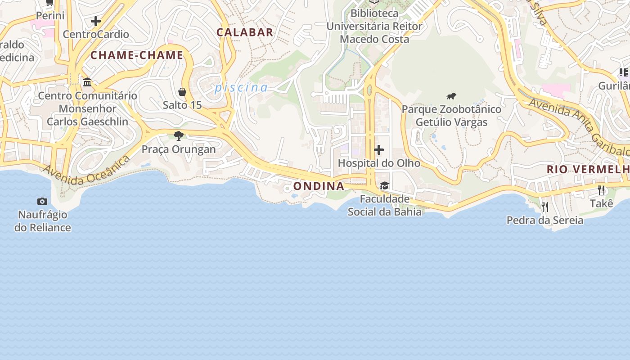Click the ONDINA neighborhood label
[319, 186]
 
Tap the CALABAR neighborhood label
[245, 32]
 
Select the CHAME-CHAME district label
[137, 55]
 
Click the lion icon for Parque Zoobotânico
[451, 96]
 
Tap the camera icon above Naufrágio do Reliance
[42, 201]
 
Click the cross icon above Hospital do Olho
[379, 150]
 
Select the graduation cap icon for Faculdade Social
[384, 185]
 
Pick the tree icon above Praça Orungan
[179, 135]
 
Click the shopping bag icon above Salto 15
[182, 92]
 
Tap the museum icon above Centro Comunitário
[87, 82]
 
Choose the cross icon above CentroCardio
[95, 21]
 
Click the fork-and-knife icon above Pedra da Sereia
[544, 207]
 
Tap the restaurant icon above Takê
[601, 190]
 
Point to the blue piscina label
[241, 87]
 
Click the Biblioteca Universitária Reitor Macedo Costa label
[374, 26]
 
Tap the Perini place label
[50, 16]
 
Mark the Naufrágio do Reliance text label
[43, 221]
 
